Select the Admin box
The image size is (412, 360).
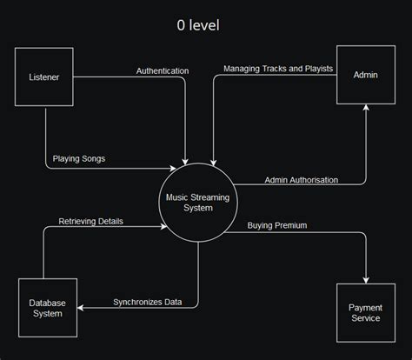click(365, 76)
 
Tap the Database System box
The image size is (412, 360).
click(49, 308)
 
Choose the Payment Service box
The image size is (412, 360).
click(365, 314)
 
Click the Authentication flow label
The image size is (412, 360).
click(163, 70)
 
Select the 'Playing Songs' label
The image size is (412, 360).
click(80, 159)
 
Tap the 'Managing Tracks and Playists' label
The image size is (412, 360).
click(278, 69)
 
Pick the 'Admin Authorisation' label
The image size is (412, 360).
click(301, 180)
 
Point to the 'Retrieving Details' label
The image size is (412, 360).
click(90, 221)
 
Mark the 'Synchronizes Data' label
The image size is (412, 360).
click(148, 302)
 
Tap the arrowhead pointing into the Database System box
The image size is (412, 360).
click(83, 308)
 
